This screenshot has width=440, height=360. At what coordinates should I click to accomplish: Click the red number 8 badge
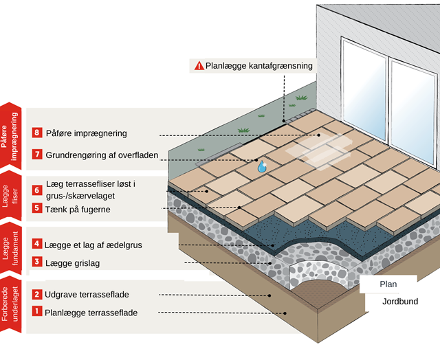(x=37, y=133)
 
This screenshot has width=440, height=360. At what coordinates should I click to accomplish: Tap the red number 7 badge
(x=37, y=155)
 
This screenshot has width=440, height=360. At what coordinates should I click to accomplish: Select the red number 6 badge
(x=37, y=190)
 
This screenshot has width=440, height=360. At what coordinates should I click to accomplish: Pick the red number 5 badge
(x=37, y=208)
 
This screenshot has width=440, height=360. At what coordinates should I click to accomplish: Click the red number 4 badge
(x=37, y=244)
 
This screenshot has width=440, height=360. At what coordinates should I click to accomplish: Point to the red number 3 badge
(x=37, y=262)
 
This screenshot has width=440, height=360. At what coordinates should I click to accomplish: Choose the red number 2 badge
(x=37, y=294)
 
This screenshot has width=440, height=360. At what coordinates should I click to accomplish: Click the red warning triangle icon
(x=199, y=66)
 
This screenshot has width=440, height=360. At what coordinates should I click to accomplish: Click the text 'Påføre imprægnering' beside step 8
(x=86, y=133)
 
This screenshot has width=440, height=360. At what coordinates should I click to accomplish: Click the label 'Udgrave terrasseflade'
(x=87, y=294)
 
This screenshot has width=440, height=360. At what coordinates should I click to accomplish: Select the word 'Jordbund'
(x=401, y=301)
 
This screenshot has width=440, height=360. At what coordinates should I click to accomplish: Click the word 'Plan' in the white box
(x=388, y=283)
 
